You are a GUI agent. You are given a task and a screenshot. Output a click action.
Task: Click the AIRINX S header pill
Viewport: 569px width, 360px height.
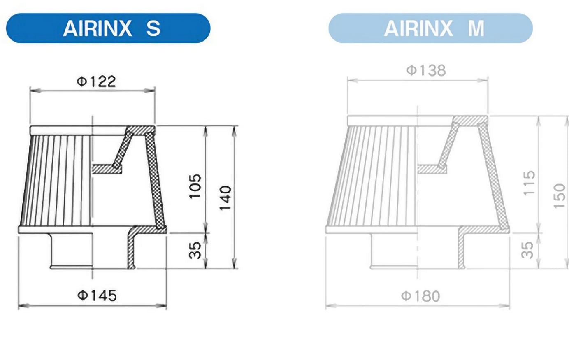pos(108,28)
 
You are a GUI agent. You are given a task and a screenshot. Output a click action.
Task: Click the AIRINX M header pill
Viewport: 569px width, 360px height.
pos(430,28)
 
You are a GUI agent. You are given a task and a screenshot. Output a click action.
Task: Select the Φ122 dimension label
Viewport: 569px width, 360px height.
pos(96,81)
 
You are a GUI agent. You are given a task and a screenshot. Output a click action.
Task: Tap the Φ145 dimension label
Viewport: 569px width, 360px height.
pos(97,295)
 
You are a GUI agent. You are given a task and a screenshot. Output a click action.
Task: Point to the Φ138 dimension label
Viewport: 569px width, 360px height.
pos(426,70)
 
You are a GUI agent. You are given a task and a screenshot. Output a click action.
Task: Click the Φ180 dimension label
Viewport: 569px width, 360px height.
pos(420,296)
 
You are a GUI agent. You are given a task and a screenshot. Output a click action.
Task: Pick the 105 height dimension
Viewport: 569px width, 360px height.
pos(195,186)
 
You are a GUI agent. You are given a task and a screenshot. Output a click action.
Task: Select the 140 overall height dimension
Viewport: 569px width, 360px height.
pos(225,198)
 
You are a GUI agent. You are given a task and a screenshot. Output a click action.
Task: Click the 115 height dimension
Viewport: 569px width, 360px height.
pos(529,183)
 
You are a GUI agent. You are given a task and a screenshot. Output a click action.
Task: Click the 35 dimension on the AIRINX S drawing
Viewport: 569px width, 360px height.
pos(195,250)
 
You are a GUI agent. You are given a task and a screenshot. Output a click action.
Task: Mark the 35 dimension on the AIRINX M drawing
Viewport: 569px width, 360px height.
pos(527,250)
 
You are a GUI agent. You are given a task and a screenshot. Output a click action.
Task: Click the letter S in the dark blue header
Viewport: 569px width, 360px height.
pos(153,28)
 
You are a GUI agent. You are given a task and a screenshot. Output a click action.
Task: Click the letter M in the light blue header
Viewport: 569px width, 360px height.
pos(476,28)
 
